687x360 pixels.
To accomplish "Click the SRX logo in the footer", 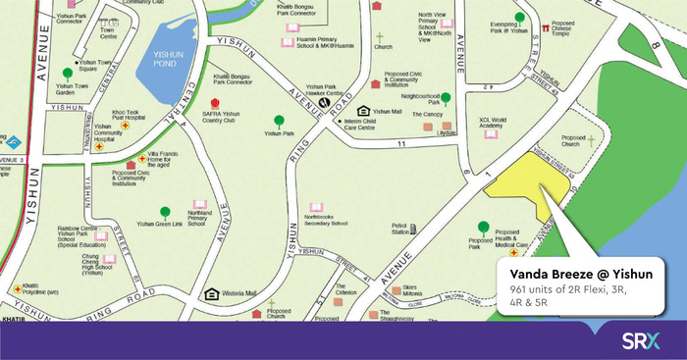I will pos(641,342).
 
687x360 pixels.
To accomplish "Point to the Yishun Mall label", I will pos(385,111).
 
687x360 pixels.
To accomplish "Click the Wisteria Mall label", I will pos(239,293).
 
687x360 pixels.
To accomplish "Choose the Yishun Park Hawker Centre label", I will pos(328,89).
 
